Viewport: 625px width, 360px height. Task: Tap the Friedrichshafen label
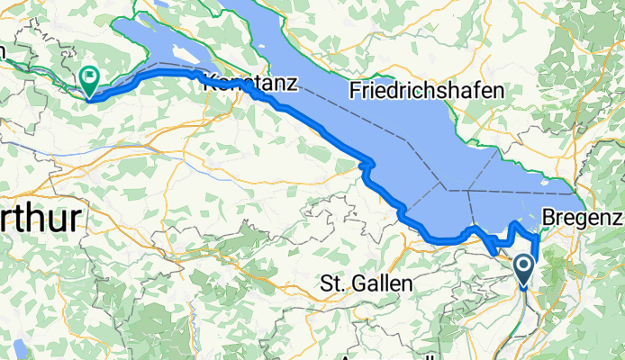coord(427,91)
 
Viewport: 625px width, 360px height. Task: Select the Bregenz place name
coord(583,218)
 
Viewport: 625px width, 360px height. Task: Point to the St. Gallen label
coord(367,283)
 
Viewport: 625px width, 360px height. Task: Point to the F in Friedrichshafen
coord(355,91)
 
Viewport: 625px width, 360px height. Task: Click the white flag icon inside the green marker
coord(90,76)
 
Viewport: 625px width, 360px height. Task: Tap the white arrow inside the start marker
coord(525,265)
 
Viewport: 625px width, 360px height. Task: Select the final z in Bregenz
coord(617,218)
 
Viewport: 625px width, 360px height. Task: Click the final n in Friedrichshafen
coord(500,91)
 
